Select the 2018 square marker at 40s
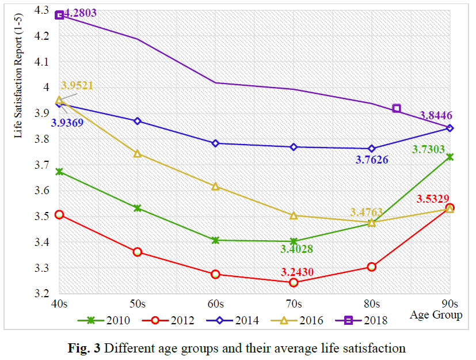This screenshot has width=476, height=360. (x=59, y=15)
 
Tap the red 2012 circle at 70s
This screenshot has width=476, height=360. (x=294, y=282)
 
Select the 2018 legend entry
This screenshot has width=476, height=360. (x=366, y=320)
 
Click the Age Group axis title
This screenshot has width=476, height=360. (x=436, y=315)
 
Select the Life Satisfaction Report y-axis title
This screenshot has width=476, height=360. (x=20, y=78)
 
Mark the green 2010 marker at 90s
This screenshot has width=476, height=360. (x=450, y=157)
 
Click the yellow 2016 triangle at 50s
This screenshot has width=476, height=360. (x=138, y=153)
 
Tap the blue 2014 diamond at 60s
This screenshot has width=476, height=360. (x=215, y=143)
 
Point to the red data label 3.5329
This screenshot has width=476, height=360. (x=435, y=199)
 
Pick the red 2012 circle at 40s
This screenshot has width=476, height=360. (x=59, y=215)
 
